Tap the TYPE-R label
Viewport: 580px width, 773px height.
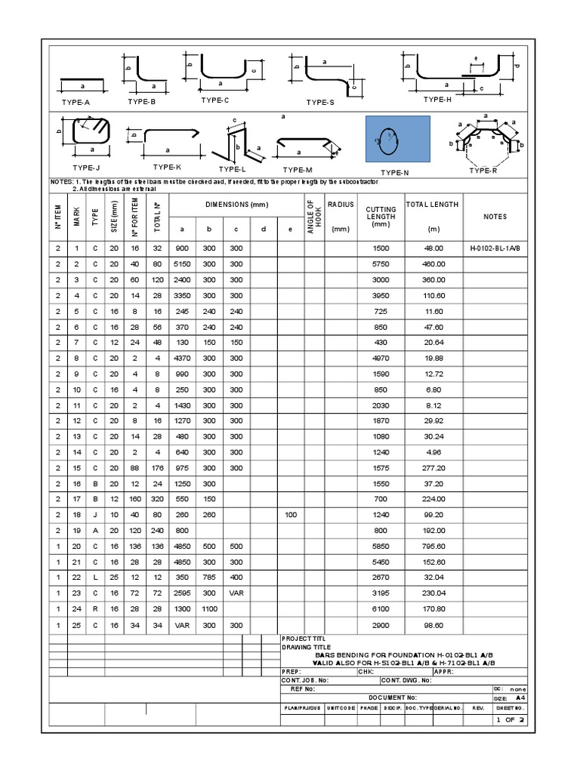(483, 171)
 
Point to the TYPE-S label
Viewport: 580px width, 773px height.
(320, 102)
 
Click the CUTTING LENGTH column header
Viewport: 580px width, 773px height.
(381, 217)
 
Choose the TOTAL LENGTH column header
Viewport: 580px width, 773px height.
(433, 205)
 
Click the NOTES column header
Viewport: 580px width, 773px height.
(495, 217)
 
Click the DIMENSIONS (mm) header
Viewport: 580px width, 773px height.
(236, 205)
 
